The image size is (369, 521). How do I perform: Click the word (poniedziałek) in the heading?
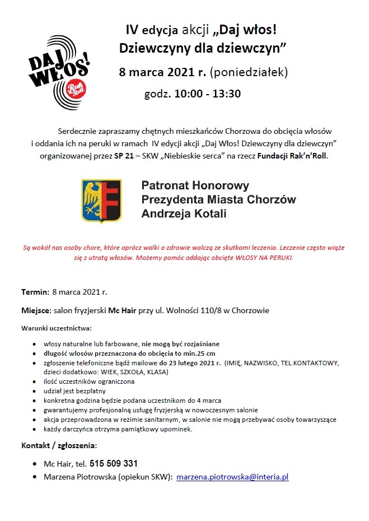click(250, 72)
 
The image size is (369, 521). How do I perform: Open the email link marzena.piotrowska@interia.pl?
click(232, 477)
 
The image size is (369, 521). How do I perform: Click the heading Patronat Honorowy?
click(195, 185)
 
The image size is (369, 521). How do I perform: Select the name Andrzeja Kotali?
click(184, 213)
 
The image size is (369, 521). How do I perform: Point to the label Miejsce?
click(36, 310)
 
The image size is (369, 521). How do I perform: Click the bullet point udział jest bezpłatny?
click(74, 391)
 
